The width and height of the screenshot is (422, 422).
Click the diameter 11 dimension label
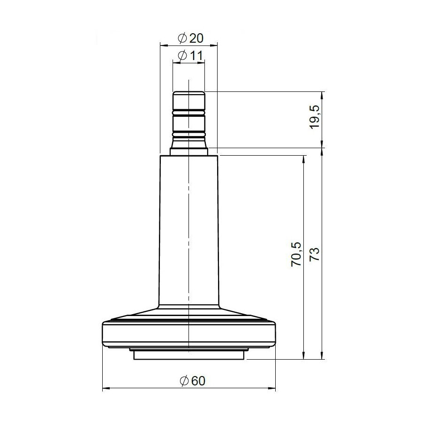(x=189, y=56)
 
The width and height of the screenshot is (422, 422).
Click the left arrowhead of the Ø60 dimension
(x=105, y=388)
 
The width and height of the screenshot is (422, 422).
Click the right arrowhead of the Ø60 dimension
(x=272, y=388)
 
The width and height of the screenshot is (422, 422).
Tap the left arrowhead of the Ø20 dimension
(x=163, y=45)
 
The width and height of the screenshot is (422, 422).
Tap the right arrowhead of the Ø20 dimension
(x=215, y=45)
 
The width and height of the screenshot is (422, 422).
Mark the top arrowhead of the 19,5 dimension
(x=323, y=94)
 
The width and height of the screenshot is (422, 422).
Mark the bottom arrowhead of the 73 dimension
(x=323, y=356)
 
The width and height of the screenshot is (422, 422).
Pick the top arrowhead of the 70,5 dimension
(x=304, y=158)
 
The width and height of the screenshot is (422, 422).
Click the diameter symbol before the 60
(x=183, y=381)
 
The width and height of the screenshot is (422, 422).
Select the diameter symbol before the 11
(x=183, y=56)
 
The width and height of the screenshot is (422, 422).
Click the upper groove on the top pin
(x=188, y=113)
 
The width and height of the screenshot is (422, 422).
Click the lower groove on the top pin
(x=188, y=135)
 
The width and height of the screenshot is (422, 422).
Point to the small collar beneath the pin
(x=188, y=151)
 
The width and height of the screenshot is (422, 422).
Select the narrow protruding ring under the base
(x=188, y=355)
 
